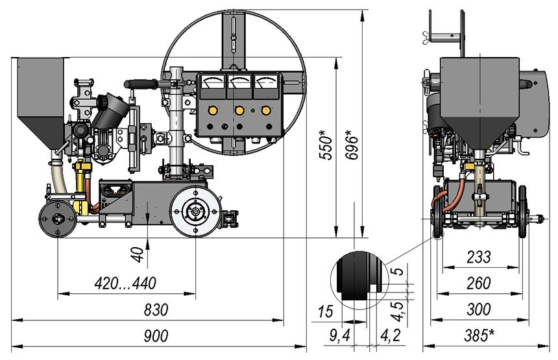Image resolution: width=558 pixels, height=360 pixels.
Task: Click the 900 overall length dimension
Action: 156,336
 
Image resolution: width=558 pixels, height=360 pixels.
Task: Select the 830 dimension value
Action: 156,310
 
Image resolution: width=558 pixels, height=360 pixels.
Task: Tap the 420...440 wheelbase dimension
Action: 125,283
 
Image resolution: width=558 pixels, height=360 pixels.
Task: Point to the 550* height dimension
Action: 326,145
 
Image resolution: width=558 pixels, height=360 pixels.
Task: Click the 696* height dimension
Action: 352,145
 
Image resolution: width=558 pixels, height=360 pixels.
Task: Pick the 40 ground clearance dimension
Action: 137,255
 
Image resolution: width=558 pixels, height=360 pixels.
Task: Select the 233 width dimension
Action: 479,257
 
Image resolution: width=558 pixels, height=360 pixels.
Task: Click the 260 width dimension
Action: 479,283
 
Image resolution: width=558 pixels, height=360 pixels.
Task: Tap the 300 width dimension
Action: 479,309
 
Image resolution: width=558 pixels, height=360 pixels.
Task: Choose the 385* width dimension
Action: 479,335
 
